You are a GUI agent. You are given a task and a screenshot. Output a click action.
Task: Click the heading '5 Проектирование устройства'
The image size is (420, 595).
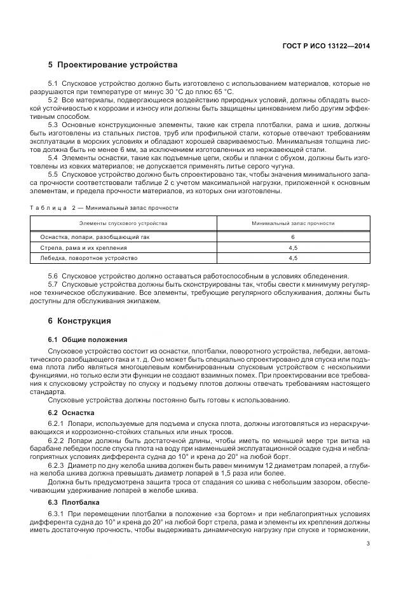[x=112, y=65]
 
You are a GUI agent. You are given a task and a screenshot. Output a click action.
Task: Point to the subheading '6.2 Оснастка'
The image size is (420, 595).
[x=71, y=413]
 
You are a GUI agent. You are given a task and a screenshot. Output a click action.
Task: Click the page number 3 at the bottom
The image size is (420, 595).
[x=368, y=543]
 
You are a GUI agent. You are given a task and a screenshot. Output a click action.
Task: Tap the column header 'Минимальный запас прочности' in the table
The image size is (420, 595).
[x=293, y=224]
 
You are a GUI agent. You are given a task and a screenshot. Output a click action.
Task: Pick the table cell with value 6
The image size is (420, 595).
[x=293, y=236]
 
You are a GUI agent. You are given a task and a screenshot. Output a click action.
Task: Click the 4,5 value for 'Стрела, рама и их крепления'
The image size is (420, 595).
[x=293, y=247]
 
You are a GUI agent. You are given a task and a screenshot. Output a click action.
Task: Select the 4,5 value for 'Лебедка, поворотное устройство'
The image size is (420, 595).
[x=293, y=258]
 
